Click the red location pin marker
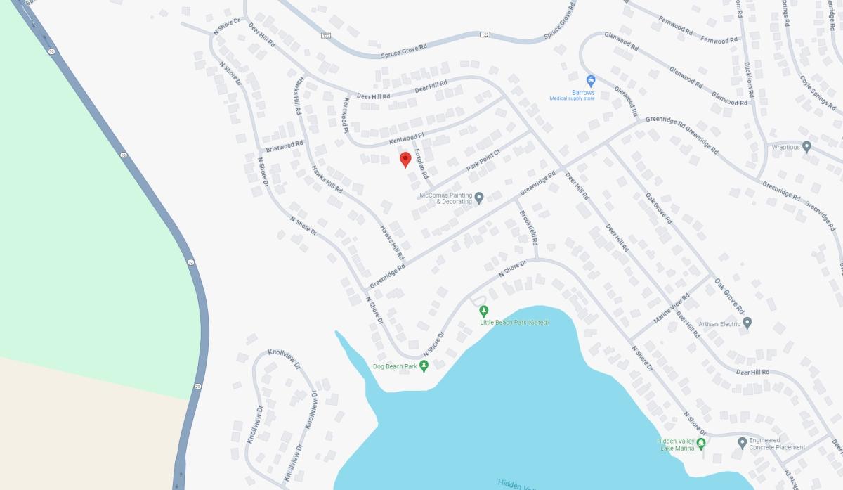tap(405, 160)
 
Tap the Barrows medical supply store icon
tap(591, 81)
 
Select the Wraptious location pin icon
tap(806, 147)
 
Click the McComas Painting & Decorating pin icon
tap(479, 198)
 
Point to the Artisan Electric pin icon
tap(747, 323)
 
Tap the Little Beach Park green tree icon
tap(483, 310)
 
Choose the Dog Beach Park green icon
tap(424, 366)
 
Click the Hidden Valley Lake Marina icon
tap(700, 443)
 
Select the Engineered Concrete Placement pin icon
tap(743, 443)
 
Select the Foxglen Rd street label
tap(421, 162)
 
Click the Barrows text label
tap(582, 92)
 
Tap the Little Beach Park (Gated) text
tap(514, 323)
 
